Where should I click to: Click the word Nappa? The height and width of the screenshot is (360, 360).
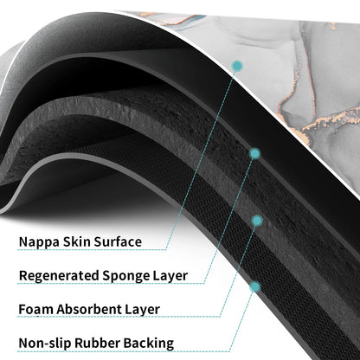coord(39,242)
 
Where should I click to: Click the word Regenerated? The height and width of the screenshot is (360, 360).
coord(59,276)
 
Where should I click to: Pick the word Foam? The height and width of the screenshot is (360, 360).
coord(36,310)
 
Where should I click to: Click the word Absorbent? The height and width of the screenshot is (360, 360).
coord(89,309)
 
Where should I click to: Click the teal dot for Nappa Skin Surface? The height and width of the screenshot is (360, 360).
coord(237,66)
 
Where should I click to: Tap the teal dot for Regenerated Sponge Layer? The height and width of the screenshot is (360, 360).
coord(254,154)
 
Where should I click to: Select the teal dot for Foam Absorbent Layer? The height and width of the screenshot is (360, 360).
coord(257,221)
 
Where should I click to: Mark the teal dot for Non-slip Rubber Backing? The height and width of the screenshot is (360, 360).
coord(255,286)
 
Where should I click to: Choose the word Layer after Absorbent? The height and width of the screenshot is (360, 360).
coord(143,310)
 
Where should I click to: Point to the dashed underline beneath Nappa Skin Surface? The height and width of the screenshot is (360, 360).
coord(92,249)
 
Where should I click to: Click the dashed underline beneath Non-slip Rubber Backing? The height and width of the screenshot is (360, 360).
coord(124,351)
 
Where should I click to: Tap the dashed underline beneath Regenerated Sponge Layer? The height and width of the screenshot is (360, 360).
coord(111,283)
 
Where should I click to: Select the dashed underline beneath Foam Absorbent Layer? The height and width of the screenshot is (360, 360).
coord(119,317)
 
